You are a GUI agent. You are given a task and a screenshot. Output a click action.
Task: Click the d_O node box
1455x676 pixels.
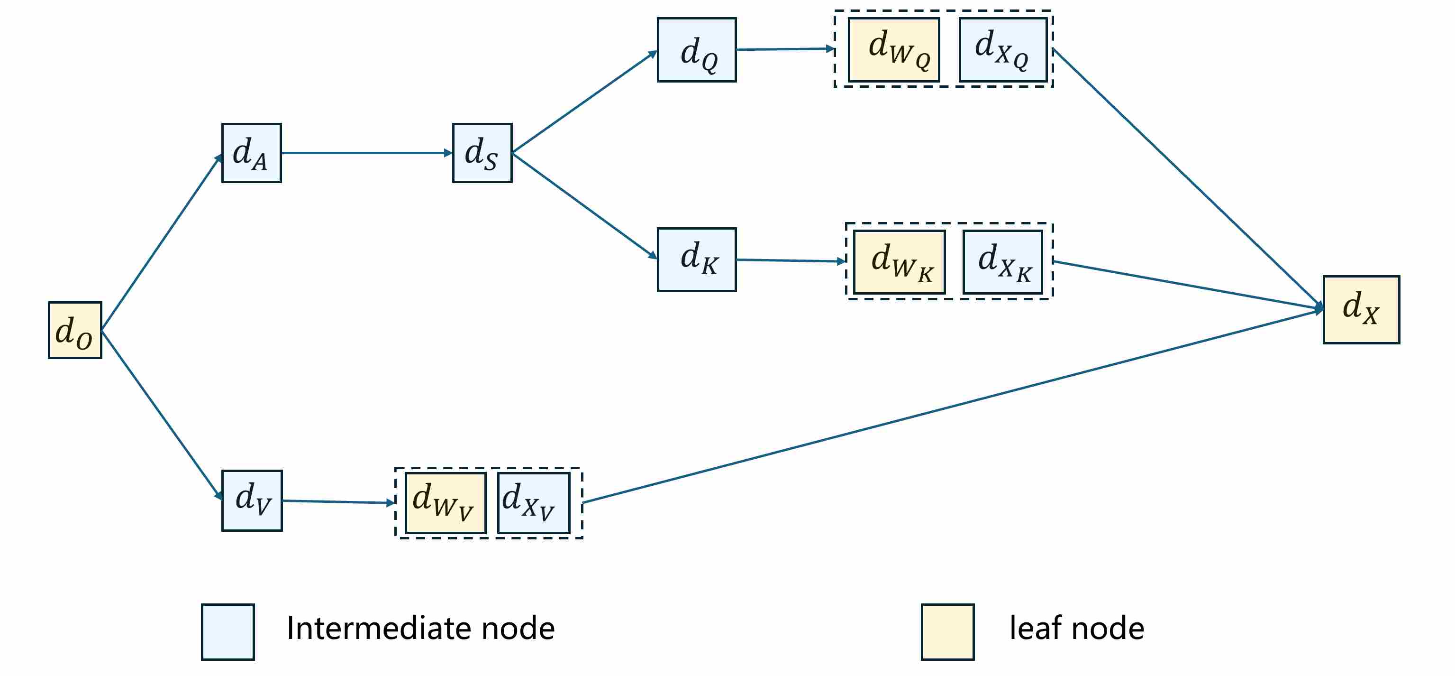pyautogui.click(x=75, y=330)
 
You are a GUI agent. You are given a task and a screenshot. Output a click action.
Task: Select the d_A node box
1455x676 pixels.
pyautogui.click(x=251, y=153)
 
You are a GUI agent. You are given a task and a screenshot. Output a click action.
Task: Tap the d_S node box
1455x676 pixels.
pyautogui.click(x=482, y=153)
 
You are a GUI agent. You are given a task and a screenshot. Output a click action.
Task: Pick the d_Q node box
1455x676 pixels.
pyautogui.click(x=696, y=50)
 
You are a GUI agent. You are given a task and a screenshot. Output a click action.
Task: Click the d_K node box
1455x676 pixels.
pyautogui.click(x=696, y=259)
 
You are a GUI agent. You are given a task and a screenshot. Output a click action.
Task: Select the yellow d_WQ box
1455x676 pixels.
pyautogui.click(x=893, y=50)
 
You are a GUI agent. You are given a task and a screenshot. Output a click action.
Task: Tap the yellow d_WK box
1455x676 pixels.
pyautogui.click(x=899, y=262)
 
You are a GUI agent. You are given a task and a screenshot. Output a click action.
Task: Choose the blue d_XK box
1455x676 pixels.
pyautogui.click(x=1002, y=262)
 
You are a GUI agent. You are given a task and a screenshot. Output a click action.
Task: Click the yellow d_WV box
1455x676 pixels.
pyautogui.click(x=446, y=502)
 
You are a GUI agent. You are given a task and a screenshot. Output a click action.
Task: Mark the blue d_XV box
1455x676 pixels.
pyautogui.click(x=533, y=502)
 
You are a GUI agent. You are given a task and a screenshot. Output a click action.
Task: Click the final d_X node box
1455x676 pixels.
pyautogui.click(x=1361, y=309)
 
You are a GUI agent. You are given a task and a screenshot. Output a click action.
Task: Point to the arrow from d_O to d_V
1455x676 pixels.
pyautogui.click(x=161, y=414)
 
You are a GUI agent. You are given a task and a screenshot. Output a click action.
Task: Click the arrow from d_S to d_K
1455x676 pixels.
pyautogui.click(x=584, y=206)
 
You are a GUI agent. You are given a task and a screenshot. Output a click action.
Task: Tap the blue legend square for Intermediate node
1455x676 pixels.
pyautogui.click(x=227, y=631)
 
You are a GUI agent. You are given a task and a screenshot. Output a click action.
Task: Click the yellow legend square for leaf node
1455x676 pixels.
pyautogui.click(x=947, y=631)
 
